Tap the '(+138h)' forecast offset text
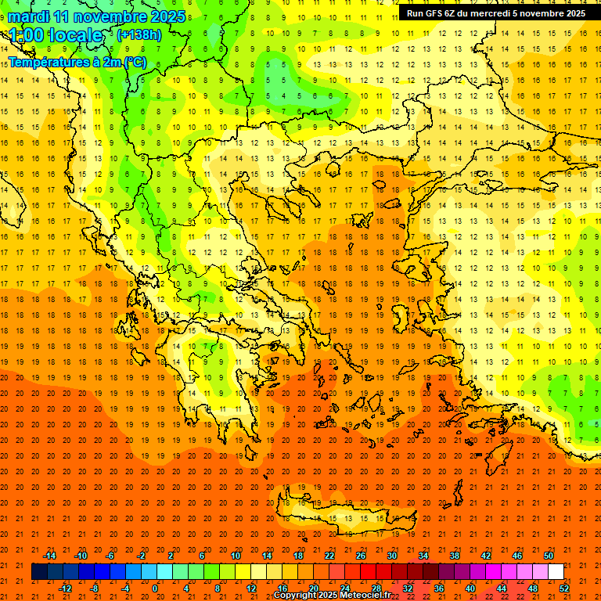pos(139,34)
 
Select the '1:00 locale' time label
pos(56,35)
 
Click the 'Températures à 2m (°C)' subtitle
pos(77,62)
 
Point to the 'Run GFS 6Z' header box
pos(496,13)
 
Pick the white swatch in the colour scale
pos(556,572)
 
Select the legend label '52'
pos(565,588)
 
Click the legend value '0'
pos(155,588)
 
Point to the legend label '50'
pos(549,556)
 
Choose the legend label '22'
pos(329,556)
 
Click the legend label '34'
pos(423,556)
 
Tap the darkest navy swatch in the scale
pos(39,572)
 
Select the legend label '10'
pos(235,556)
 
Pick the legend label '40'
pos(470,588)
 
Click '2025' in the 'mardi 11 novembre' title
pos(166,16)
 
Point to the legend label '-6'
pos(111,556)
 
